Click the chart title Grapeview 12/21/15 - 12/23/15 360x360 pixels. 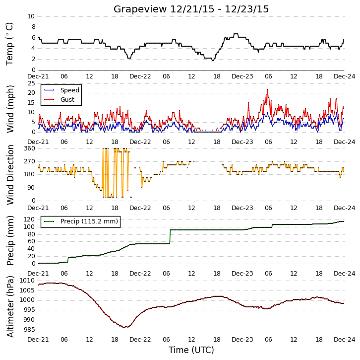[191, 9]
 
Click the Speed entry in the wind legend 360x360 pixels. [62, 90]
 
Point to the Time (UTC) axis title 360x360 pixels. [191, 350]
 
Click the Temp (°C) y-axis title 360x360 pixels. [9, 44]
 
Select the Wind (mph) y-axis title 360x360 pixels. [10, 109]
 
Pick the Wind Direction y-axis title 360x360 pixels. [10, 175]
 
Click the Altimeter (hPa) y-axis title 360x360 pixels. [10, 307]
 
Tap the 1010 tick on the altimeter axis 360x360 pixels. [27, 281]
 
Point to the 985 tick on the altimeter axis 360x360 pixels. [29, 330]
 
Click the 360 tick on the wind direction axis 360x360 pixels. [30, 148]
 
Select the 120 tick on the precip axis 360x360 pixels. [30, 219]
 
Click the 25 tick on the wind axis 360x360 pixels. [31, 83]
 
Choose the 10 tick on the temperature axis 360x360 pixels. [31, 16]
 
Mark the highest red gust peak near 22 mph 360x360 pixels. [268, 90]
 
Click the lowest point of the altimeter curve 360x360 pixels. [124, 327]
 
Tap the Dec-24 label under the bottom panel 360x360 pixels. [345, 339]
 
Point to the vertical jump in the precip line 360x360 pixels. [170, 236]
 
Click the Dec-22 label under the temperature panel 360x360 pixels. [140, 76]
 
